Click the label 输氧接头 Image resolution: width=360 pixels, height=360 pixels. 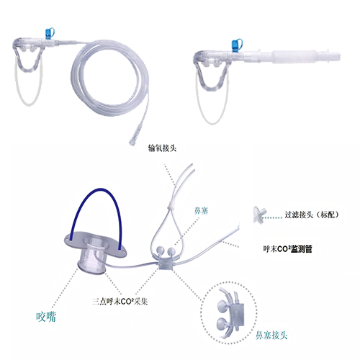point(163,148)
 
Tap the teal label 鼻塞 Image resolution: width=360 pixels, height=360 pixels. point(201,211)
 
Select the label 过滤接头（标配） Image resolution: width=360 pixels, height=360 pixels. point(312,215)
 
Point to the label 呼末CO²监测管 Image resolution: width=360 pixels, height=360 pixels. point(287,249)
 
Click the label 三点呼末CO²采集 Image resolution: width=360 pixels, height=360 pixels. point(120,302)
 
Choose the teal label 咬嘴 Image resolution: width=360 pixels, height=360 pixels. point(46,317)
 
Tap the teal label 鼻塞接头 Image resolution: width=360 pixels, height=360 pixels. point(271,335)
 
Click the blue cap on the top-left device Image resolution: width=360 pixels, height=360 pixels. point(50,33)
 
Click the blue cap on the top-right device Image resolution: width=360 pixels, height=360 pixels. point(237,45)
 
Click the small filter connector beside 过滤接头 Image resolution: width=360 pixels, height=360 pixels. point(259,215)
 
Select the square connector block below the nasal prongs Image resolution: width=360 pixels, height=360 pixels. point(165,264)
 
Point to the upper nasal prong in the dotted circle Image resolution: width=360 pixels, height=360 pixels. point(222,305)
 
